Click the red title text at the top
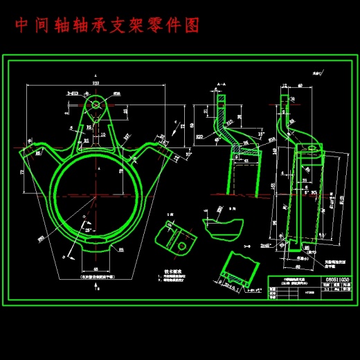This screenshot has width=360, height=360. tap(107, 26)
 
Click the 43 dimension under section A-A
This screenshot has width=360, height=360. tap(246, 161)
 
